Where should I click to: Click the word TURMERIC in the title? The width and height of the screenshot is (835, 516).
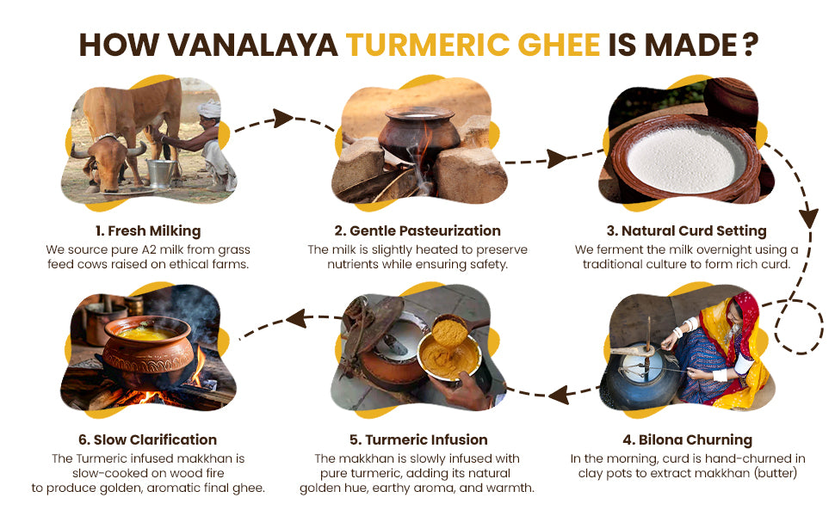[x=427, y=45]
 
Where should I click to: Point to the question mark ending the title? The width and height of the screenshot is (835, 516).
[x=750, y=45]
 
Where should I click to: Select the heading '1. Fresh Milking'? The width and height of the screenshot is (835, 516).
[x=148, y=230]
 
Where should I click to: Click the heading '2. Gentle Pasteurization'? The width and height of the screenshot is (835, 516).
[x=417, y=230]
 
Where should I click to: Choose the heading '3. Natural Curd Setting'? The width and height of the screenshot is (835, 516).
[x=686, y=230]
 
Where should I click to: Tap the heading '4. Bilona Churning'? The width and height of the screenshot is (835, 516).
[x=688, y=440]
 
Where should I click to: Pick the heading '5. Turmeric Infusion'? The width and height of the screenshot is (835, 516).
[x=418, y=440]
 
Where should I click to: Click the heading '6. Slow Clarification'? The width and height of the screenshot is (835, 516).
[x=147, y=440]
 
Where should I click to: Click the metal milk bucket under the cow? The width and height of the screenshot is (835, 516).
[x=161, y=172]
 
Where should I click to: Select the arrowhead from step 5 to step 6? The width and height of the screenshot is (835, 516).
[x=296, y=319]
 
